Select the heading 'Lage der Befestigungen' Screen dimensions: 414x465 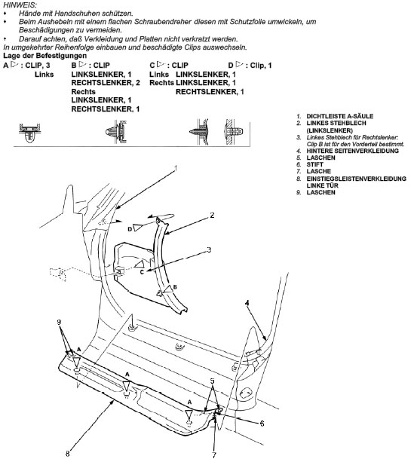(x=44, y=56)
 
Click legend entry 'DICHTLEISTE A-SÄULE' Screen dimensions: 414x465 (x=340, y=116)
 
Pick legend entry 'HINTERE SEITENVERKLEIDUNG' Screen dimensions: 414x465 (x=353, y=151)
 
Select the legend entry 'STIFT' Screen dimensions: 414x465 (x=315, y=164)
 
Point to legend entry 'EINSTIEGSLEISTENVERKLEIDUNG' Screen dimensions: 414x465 (x=356, y=179)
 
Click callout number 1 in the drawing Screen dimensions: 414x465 (x=176, y=169)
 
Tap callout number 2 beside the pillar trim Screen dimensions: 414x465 (x=212, y=216)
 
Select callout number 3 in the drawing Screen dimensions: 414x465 (x=209, y=249)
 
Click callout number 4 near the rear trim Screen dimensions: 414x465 (x=247, y=303)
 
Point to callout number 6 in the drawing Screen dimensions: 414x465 (x=262, y=424)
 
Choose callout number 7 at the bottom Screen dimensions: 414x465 (x=214, y=455)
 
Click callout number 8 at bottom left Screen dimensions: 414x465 (x=68, y=454)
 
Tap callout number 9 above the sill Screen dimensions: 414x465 (x=59, y=322)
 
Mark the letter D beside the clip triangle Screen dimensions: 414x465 (x=130, y=229)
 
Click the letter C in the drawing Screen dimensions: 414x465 (x=142, y=272)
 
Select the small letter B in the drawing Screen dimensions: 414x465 (x=175, y=287)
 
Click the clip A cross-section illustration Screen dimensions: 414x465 (x=29, y=133)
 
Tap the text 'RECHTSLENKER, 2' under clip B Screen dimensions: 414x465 (x=106, y=83)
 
